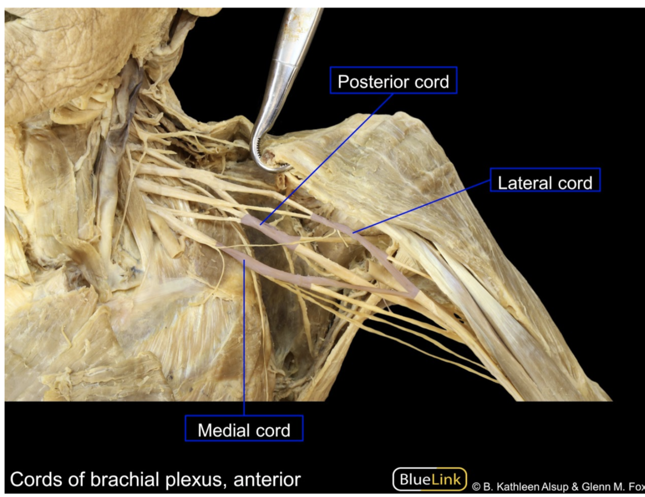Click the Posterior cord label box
click(x=393, y=80)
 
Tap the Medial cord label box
click(x=244, y=428)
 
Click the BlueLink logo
click(x=429, y=479)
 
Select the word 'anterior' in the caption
click(x=267, y=480)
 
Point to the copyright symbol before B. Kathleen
click(x=476, y=487)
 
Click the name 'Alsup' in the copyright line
click(x=554, y=487)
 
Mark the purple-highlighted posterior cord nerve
click(x=271, y=232)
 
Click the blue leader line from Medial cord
click(x=244, y=338)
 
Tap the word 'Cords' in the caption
click(x=36, y=480)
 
